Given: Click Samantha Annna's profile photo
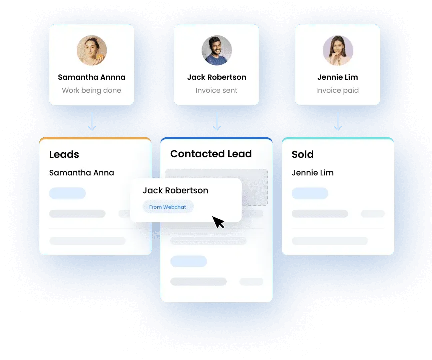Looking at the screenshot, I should [92, 50].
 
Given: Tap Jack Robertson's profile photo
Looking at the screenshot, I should [217, 50].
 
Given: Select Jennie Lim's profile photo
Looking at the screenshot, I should [338, 50].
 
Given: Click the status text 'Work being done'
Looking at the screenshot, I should [92, 90].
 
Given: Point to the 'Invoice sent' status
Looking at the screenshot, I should [217, 90].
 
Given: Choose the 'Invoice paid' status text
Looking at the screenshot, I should [338, 90].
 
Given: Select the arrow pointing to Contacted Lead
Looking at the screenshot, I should [217, 122].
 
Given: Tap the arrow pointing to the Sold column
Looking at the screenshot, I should [338, 122].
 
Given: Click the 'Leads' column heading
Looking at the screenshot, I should [64, 155].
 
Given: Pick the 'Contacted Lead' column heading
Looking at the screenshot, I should [211, 154].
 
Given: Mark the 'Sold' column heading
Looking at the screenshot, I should [303, 155].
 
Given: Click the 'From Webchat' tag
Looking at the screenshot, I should [168, 207].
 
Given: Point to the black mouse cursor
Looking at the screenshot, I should [218, 222].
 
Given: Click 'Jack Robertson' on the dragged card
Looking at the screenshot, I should [175, 190].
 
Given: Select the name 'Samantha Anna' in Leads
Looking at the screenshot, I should [82, 173].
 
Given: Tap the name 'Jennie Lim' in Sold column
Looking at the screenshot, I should [313, 173].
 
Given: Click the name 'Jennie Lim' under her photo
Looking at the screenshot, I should [338, 77].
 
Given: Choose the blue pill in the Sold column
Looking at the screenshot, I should [310, 193].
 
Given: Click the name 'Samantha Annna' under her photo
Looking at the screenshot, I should [92, 77].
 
